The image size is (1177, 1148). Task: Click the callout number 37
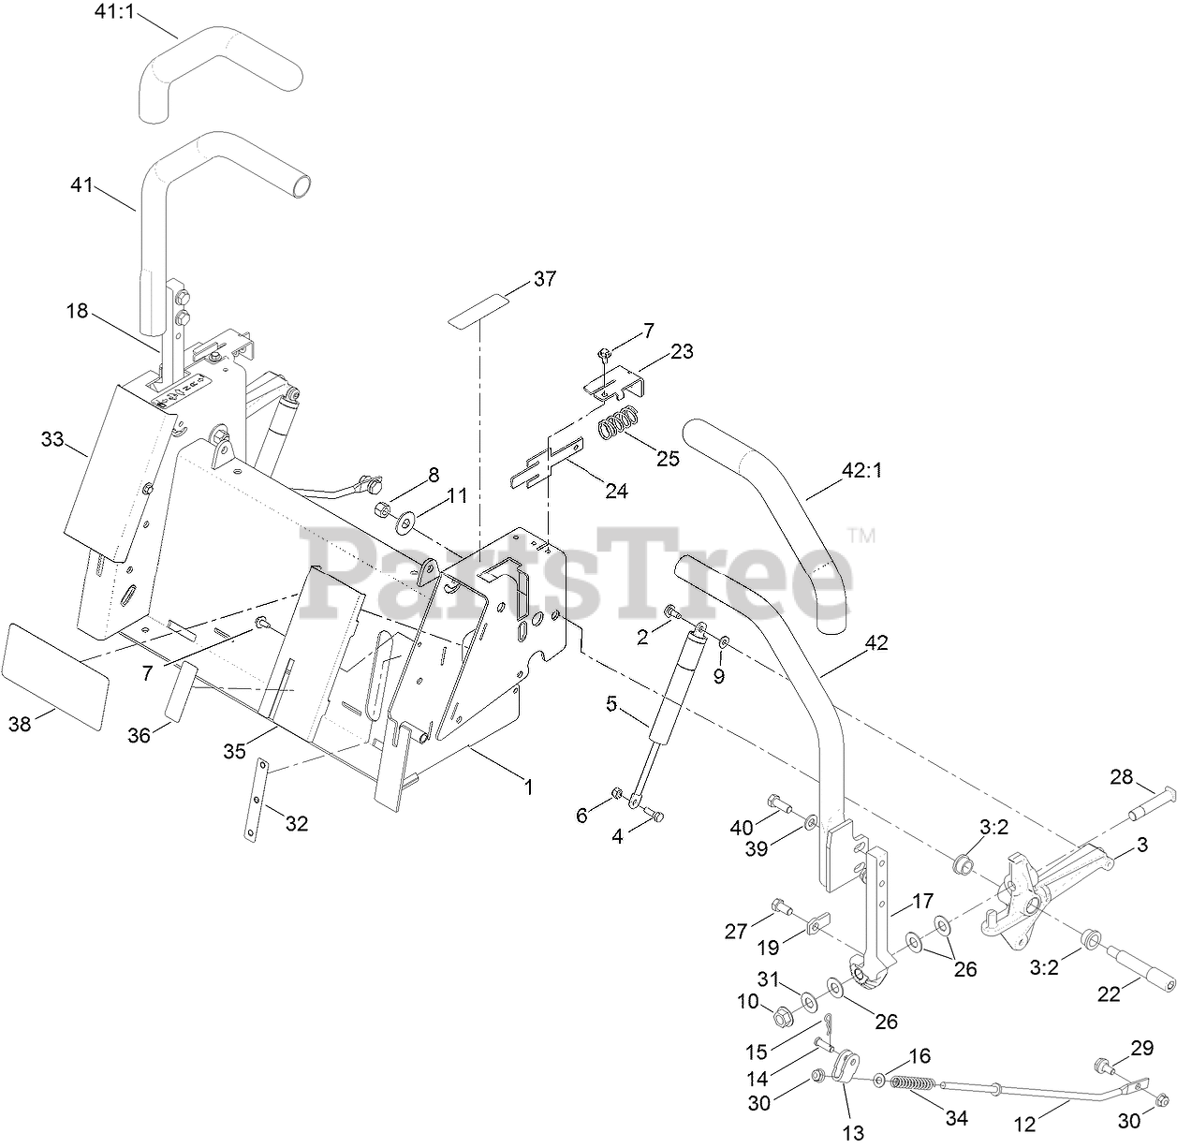pos(544,278)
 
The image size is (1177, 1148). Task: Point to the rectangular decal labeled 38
pos(55,676)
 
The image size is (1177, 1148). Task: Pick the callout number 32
pos(297,824)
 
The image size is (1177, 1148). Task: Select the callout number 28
pos(1121,776)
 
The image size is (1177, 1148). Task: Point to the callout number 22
pos(1109,994)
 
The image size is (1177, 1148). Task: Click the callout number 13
pos(854,1133)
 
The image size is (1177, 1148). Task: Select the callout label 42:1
pos(862,471)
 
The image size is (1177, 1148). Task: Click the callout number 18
pos(77,311)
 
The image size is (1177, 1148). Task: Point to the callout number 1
pos(528,787)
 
